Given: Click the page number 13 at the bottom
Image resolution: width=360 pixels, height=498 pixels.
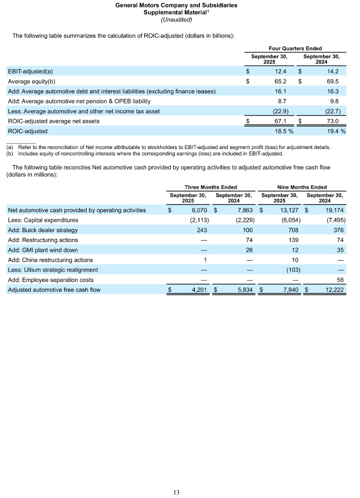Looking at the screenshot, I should [x=176, y=493].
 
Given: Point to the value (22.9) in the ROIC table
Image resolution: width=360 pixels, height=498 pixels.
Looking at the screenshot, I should [x=280, y=111].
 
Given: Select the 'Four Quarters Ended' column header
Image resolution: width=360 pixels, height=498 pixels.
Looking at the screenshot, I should [x=295, y=48].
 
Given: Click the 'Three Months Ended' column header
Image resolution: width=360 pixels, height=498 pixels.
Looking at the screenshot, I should [x=210, y=187].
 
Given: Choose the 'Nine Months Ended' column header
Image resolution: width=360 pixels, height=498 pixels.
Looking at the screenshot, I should [x=302, y=187].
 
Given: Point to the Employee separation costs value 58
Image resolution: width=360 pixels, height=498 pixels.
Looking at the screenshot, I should [x=340, y=280].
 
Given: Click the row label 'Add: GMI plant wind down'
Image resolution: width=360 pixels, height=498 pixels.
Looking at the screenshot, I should [x=43, y=250].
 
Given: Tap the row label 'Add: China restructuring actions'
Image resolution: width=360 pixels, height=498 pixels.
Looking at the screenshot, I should [x=51, y=260].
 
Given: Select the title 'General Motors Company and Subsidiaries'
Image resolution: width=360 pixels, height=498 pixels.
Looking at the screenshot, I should [x=176, y=5].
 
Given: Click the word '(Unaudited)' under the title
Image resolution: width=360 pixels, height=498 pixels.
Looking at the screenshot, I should [x=176, y=19].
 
